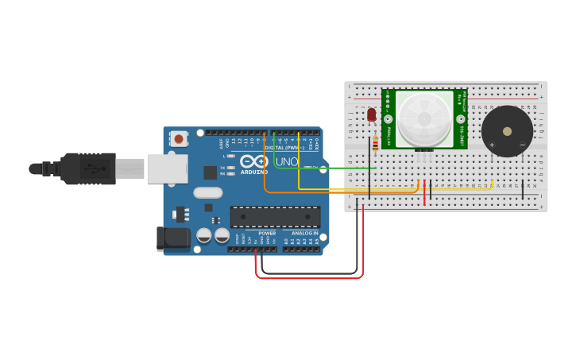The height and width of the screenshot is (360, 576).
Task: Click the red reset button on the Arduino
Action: tap(179, 139)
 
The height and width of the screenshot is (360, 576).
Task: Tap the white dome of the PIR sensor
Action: tap(424, 118)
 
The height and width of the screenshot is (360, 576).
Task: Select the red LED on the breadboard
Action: tap(371, 115)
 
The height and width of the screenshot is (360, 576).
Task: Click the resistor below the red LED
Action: tap(375, 144)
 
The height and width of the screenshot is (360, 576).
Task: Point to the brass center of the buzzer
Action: tap(507, 131)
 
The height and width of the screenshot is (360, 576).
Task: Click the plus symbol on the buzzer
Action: tap(492, 145)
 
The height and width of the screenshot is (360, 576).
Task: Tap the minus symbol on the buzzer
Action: tap(522, 145)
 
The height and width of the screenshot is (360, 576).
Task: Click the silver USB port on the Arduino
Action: tap(167, 168)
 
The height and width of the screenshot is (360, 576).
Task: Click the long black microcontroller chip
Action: tap(275, 216)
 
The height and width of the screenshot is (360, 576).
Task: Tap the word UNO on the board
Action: tap(287, 162)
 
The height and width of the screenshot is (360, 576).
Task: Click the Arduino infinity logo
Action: tap(254, 161)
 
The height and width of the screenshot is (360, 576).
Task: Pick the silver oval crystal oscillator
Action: tap(207, 192)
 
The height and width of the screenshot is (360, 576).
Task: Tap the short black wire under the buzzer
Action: tap(522, 189)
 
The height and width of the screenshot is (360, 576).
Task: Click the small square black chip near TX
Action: tap(210, 172)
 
